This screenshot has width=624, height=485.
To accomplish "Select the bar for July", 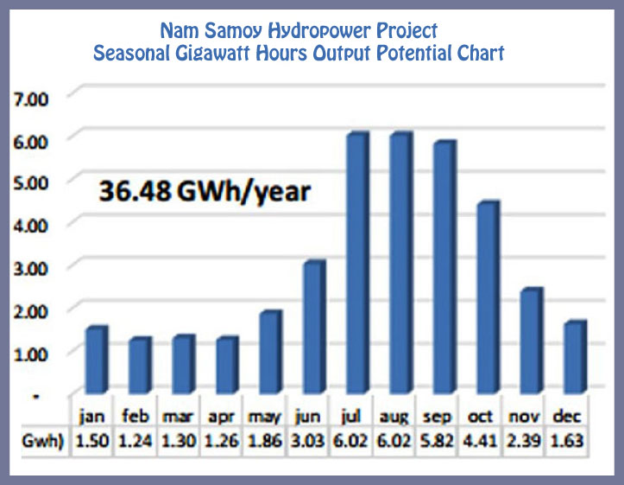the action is (x=357, y=263).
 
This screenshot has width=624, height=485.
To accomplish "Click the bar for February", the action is (x=140, y=365).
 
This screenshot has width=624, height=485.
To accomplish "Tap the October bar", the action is (x=488, y=297).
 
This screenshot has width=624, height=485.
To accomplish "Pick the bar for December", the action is (x=575, y=357).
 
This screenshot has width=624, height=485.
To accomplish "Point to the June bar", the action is (x=314, y=327).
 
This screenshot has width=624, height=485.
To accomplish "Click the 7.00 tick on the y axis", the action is (x=31, y=99).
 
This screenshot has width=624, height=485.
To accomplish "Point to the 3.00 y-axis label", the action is (x=31, y=269).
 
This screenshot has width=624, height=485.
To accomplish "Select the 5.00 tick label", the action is (x=31, y=183).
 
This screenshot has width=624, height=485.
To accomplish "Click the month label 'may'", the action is (x=265, y=418).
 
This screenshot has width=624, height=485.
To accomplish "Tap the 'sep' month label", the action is (x=437, y=417).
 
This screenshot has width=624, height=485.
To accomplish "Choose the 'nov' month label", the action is (x=524, y=417).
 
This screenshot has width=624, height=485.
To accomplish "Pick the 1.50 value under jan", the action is (x=92, y=441).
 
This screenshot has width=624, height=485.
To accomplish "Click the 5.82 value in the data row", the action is (x=437, y=441).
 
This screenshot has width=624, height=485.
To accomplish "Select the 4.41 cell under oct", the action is (x=481, y=441).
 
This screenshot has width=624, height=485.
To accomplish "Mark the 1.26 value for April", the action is (x=222, y=441).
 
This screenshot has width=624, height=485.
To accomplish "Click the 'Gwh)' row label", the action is (x=43, y=441).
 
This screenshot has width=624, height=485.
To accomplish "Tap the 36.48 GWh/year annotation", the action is (x=205, y=192).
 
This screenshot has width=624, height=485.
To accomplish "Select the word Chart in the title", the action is (x=481, y=53).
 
